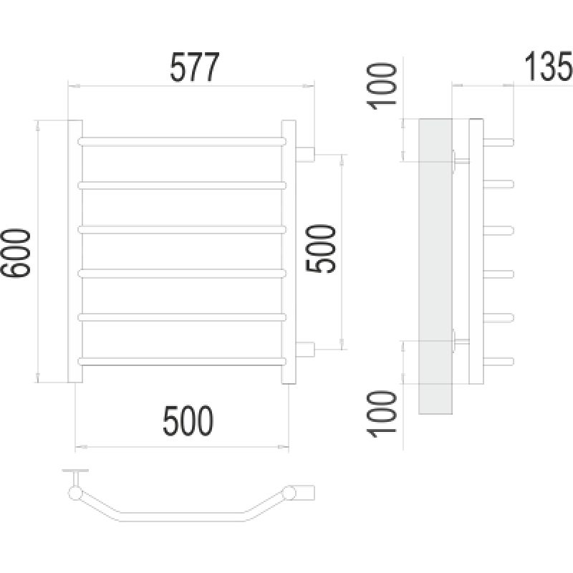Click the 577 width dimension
[x=194, y=67]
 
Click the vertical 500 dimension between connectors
[x=320, y=249]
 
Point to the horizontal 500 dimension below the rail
[x=188, y=420]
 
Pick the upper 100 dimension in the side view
[x=381, y=86]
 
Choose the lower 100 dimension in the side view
[x=381, y=415]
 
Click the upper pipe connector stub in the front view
[x=305, y=154]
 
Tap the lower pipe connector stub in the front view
[x=305, y=350]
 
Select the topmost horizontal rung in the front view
[x=182, y=141]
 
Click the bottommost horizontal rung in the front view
[x=182, y=362]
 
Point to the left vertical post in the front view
[x=75, y=251]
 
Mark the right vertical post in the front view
[x=289, y=252]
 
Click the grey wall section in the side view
[x=435, y=266]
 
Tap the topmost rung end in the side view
[x=499, y=142]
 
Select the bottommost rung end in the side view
[x=499, y=362]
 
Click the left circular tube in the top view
[x=75, y=493]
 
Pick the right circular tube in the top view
[x=289, y=493]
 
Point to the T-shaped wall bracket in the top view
[x=75, y=476]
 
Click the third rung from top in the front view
[x=182, y=229]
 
